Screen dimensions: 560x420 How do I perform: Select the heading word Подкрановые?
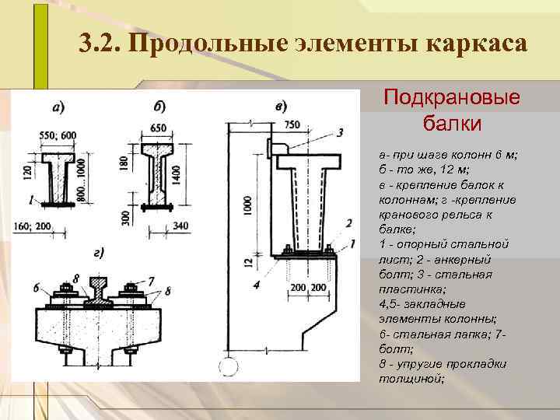(x=452, y=100)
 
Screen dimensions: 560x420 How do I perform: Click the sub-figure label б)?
(x=158, y=105)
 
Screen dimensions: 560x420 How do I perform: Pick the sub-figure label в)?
(x=279, y=105)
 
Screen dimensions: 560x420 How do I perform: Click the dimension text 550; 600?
(x=58, y=135)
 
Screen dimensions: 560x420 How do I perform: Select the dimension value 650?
(x=158, y=128)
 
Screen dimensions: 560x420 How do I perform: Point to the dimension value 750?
(x=292, y=125)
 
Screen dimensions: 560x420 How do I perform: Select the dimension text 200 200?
(x=310, y=286)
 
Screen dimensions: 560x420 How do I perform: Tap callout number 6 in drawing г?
(x=37, y=287)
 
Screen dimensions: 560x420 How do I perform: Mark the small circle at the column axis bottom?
(x=228, y=366)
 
